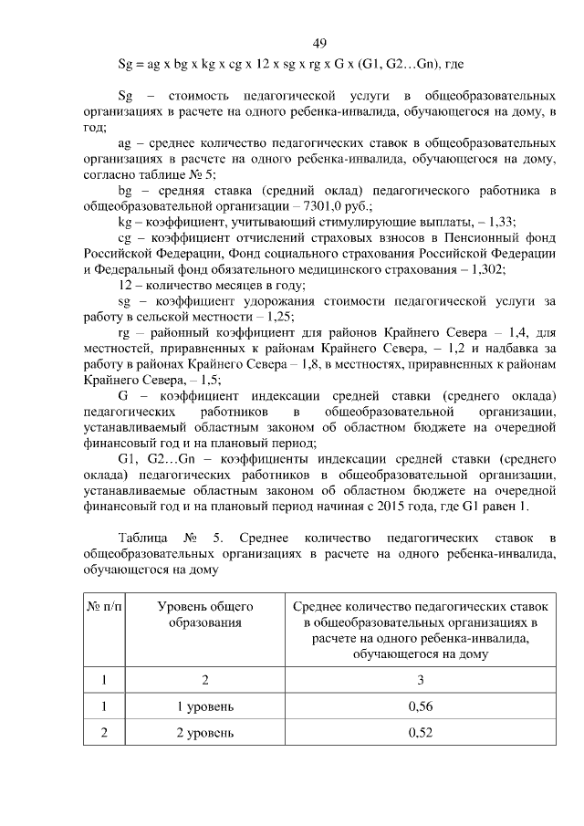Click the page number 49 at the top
319,43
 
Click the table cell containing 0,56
420,706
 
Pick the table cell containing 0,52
420,732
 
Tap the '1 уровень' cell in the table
205,706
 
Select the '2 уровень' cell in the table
205,732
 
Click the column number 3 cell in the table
420,679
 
